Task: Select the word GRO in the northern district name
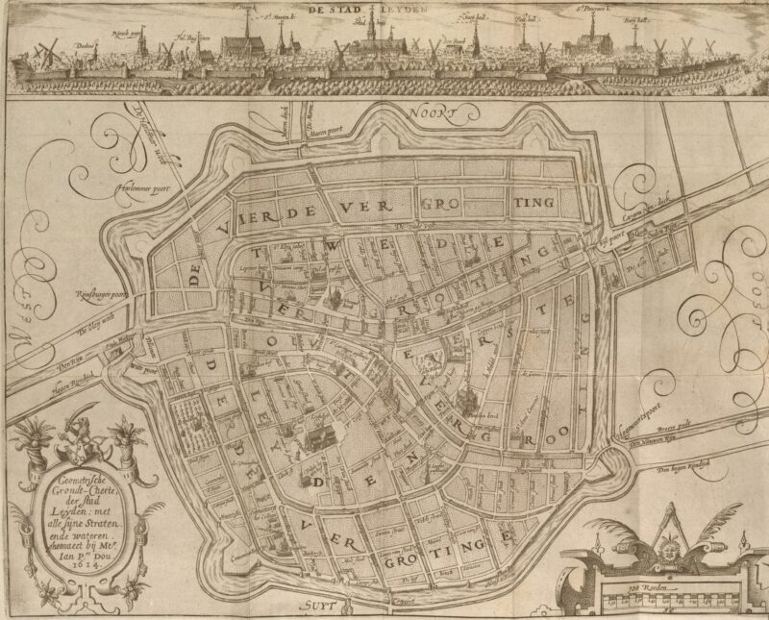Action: pyautogui.click(x=448, y=204)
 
